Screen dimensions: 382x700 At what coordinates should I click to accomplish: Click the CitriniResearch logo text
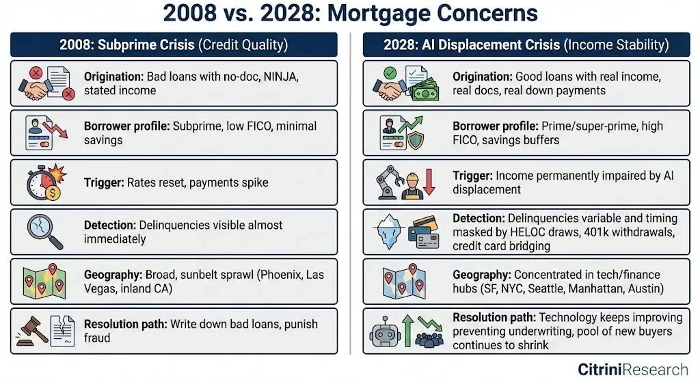tap(632, 370)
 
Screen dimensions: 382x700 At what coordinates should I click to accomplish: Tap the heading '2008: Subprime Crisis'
tap(127, 45)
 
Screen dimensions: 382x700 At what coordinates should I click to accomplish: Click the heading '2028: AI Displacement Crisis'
tap(471, 45)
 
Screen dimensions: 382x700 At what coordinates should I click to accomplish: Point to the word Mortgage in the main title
tap(383, 13)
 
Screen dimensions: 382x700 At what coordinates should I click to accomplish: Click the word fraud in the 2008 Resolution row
tap(97, 338)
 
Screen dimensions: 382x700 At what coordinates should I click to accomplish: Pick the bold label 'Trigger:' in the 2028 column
tap(473, 176)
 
